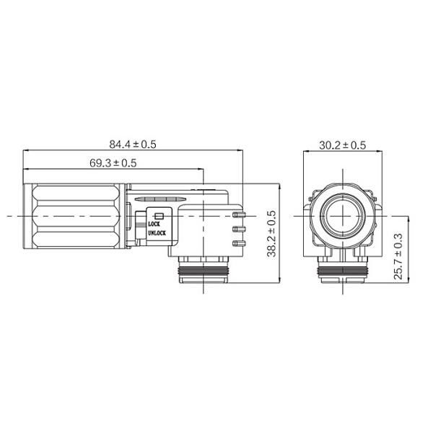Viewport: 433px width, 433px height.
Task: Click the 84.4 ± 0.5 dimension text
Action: (x=133, y=144)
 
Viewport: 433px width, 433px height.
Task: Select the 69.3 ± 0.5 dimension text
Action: (x=113, y=163)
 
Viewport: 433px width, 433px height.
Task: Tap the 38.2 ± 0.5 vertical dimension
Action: (x=271, y=234)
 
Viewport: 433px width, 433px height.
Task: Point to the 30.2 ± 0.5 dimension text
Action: (x=342, y=145)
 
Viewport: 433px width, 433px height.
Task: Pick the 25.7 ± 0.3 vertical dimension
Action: (x=398, y=256)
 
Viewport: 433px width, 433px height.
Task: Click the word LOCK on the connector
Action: (x=154, y=224)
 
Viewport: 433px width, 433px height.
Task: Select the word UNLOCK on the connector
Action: (x=157, y=233)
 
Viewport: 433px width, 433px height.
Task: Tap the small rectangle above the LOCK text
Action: (x=159, y=216)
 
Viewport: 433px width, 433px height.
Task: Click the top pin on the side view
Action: (x=239, y=214)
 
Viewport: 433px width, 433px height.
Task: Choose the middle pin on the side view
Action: (x=239, y=229)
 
